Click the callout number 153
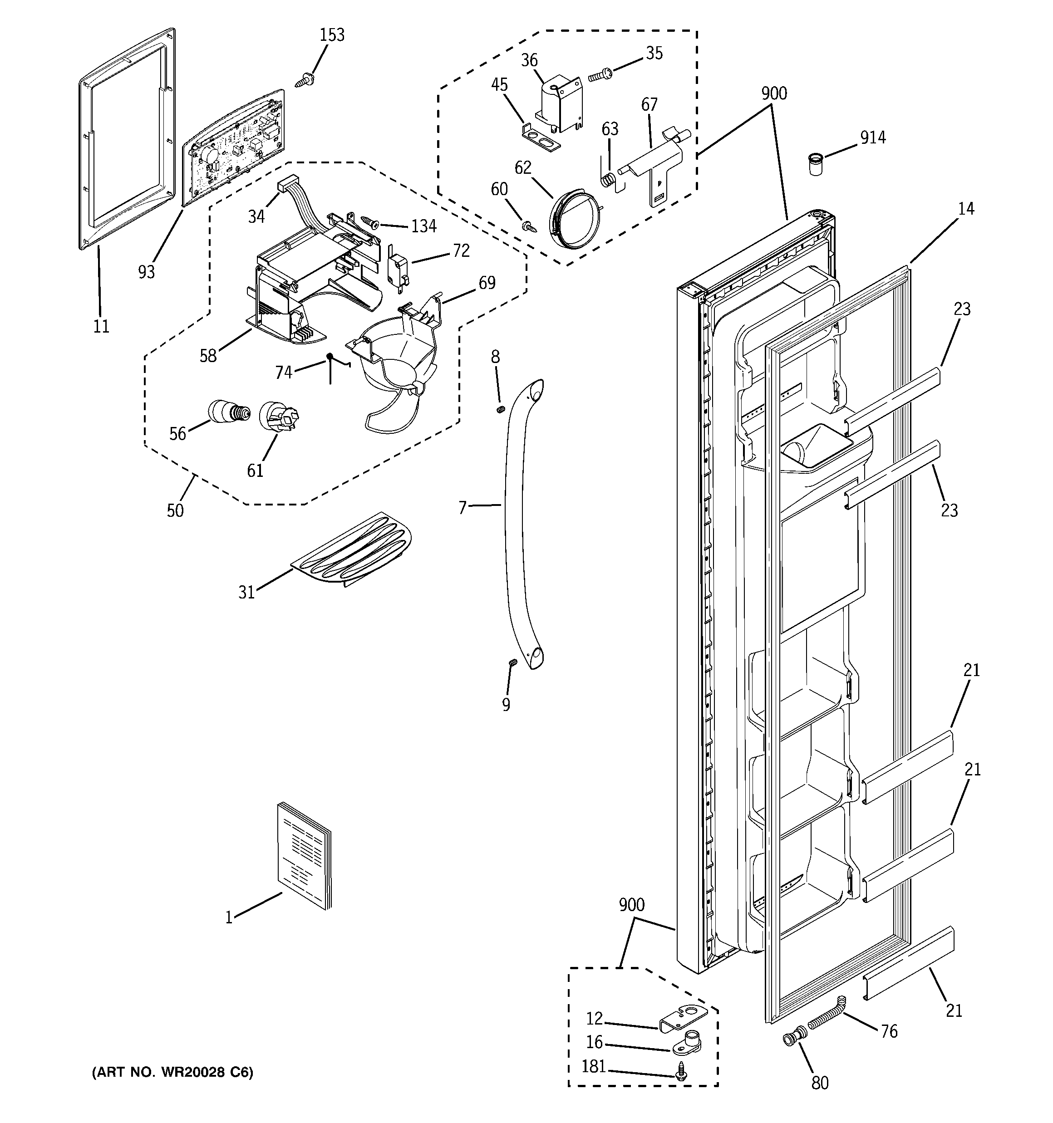coord(332,35)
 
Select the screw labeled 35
coord(600,74)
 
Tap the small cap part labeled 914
coord(814,164)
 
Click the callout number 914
coord(873,137)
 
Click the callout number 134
coord(423,226)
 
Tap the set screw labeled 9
coord(512,662)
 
